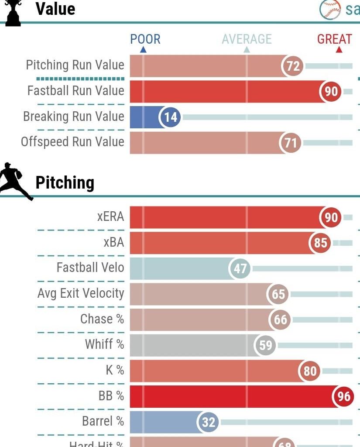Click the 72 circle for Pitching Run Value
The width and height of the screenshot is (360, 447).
click(x=293, y=66)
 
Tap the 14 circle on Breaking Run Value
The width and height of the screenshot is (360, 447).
click(x=170, y=117)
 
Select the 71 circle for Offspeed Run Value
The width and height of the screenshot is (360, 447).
click(x=291, y=143)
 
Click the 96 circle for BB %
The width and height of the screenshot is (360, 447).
click(x=343, y=396)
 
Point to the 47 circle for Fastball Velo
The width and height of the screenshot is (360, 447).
click(x=240, y=268)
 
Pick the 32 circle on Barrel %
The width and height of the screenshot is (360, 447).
click(x=209, y=422)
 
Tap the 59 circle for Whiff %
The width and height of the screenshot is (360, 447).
click(x=265, y=346)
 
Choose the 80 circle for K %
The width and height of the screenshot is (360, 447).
click(x=309, y=371)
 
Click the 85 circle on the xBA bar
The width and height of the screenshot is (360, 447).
click(x=320, y=243)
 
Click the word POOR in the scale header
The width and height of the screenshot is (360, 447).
click(x=145, y=39)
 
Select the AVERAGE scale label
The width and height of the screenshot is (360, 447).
click(x=247, y=39)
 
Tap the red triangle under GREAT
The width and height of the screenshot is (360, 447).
click(x=339, y=50)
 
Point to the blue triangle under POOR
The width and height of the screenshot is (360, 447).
click(x=143, y=50)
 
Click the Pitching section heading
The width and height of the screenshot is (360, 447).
click(x=65, y=182)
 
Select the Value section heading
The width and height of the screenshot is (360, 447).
click(x=55, y=9)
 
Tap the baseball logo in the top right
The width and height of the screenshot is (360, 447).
click(x=330, y=9)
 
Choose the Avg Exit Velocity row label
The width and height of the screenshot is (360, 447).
click(x=81, y=293)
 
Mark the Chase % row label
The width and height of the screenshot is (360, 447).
click(x=102, y=319)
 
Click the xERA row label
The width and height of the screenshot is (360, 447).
click(x=110, y=217)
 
